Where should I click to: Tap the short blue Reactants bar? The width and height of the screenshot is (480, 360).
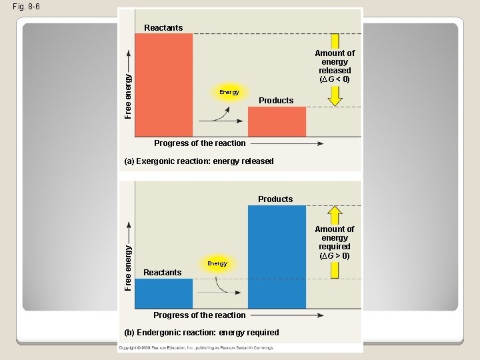click(x=163, y=293)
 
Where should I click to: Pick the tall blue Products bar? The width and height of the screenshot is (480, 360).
click(x=277, y=257)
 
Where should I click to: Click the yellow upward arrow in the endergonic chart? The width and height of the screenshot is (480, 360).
click(x=335, y=215)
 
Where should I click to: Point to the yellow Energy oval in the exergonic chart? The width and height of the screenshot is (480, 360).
click(x=229, y=92)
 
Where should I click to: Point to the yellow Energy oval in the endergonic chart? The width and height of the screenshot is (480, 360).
click(x=217, y=263)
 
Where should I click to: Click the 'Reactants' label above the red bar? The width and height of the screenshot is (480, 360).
click(x=163, y=28)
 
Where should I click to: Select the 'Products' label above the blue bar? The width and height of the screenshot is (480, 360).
click(x=275, y=199)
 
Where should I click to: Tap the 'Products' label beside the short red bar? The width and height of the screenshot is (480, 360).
click(x=276, y=101)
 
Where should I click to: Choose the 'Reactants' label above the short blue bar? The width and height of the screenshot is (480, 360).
click(x=163, y=272)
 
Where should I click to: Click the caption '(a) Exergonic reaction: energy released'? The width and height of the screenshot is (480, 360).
click(x=199, y=161)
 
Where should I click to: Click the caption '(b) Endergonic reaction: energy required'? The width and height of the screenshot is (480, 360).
click(x=201, y=332)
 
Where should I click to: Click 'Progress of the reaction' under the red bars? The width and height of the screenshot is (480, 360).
click(x=200, y=143)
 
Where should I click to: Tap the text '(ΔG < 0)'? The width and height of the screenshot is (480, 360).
click(x=335, y=79)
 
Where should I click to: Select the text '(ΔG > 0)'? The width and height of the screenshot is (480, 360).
click(x=335, y=255)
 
